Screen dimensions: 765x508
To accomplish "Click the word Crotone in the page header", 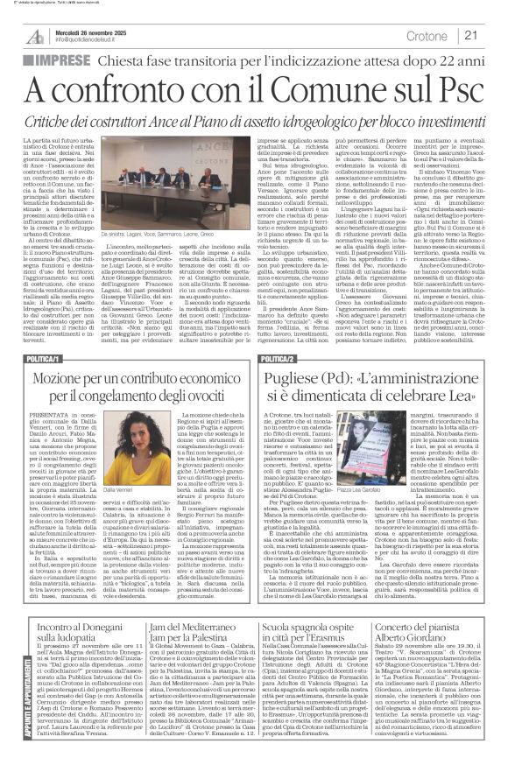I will click(428, 35).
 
